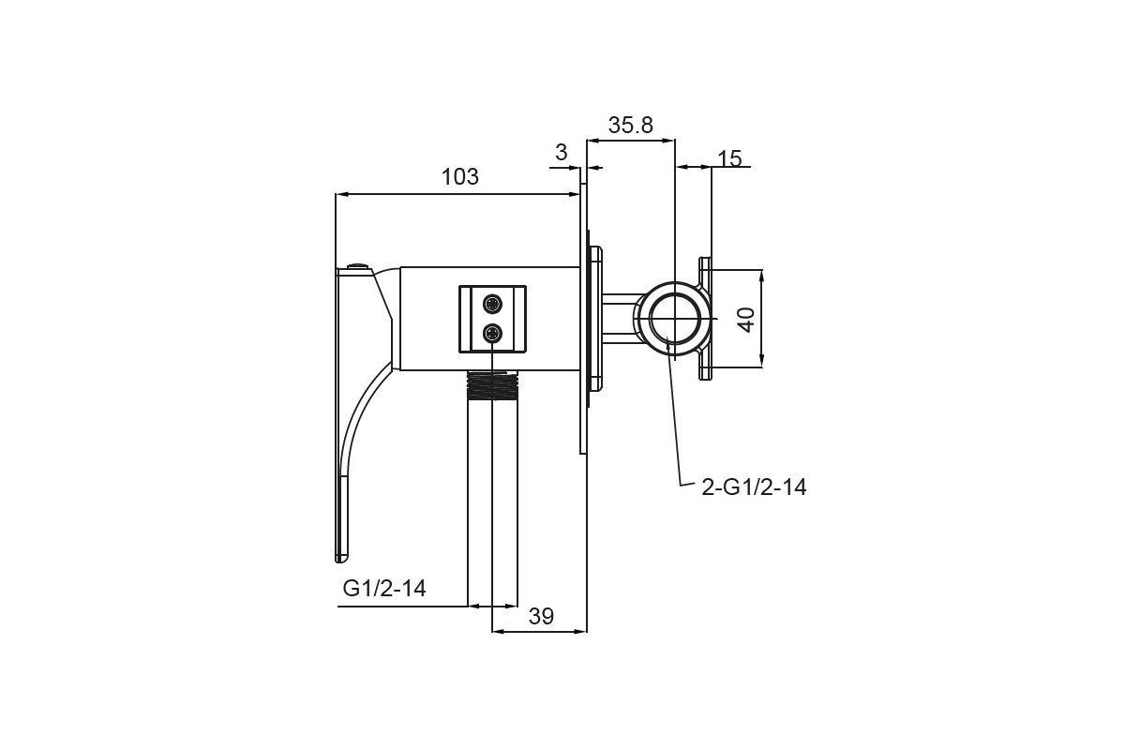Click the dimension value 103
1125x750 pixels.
pos(459,177)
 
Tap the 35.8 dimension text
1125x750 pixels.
pos(630,125)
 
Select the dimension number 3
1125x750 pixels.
pos(562,152)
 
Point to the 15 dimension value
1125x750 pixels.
pos(729,158)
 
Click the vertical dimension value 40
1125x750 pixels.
pos(747,320)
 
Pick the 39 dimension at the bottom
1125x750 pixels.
pos(541,616)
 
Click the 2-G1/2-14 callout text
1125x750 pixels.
pos(754,487)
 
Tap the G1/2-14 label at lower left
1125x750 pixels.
pos(384,588)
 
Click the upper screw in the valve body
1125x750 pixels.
pos(492,304)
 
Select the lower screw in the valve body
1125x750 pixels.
pos(492,333)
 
